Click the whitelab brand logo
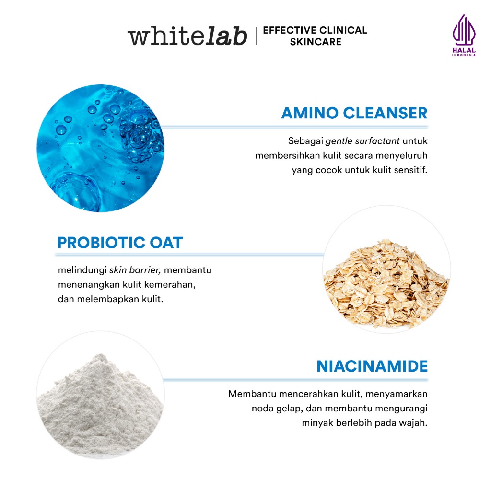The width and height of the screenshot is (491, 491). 187,36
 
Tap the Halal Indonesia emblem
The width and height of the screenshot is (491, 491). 463,36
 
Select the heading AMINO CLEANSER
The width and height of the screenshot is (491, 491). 354,113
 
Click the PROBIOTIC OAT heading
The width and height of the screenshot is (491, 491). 120,243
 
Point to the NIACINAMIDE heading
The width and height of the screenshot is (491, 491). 372,366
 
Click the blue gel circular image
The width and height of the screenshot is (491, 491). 100,148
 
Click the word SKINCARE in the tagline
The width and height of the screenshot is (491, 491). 316,42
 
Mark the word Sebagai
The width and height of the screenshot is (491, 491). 305,141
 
